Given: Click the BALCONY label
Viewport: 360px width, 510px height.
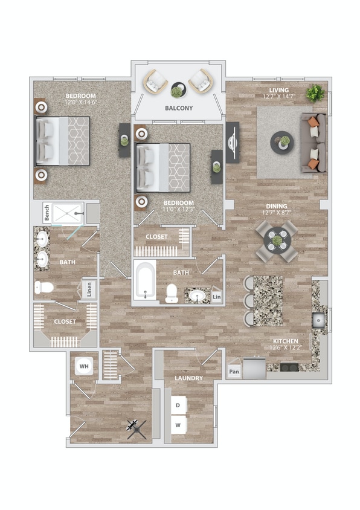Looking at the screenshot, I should click(179, 108).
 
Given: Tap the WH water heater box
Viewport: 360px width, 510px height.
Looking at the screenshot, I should click(83, 366).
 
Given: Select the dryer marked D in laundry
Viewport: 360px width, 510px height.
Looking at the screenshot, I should click(178, 405).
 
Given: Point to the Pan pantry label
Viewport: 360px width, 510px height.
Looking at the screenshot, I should click(234, 373).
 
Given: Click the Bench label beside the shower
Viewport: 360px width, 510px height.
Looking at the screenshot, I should click(46, 213).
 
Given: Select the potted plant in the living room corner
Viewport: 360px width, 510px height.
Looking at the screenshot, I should click(314, 93).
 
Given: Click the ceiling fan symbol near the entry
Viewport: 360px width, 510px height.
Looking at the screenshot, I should click(137, 429).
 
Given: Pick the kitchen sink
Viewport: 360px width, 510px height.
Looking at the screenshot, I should click(318, 319).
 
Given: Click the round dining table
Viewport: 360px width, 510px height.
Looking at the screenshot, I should click(277, 240).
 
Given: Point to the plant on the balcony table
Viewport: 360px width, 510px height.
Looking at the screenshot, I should click(177, 91).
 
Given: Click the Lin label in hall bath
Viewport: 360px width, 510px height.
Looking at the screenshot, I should click(216, 298).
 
